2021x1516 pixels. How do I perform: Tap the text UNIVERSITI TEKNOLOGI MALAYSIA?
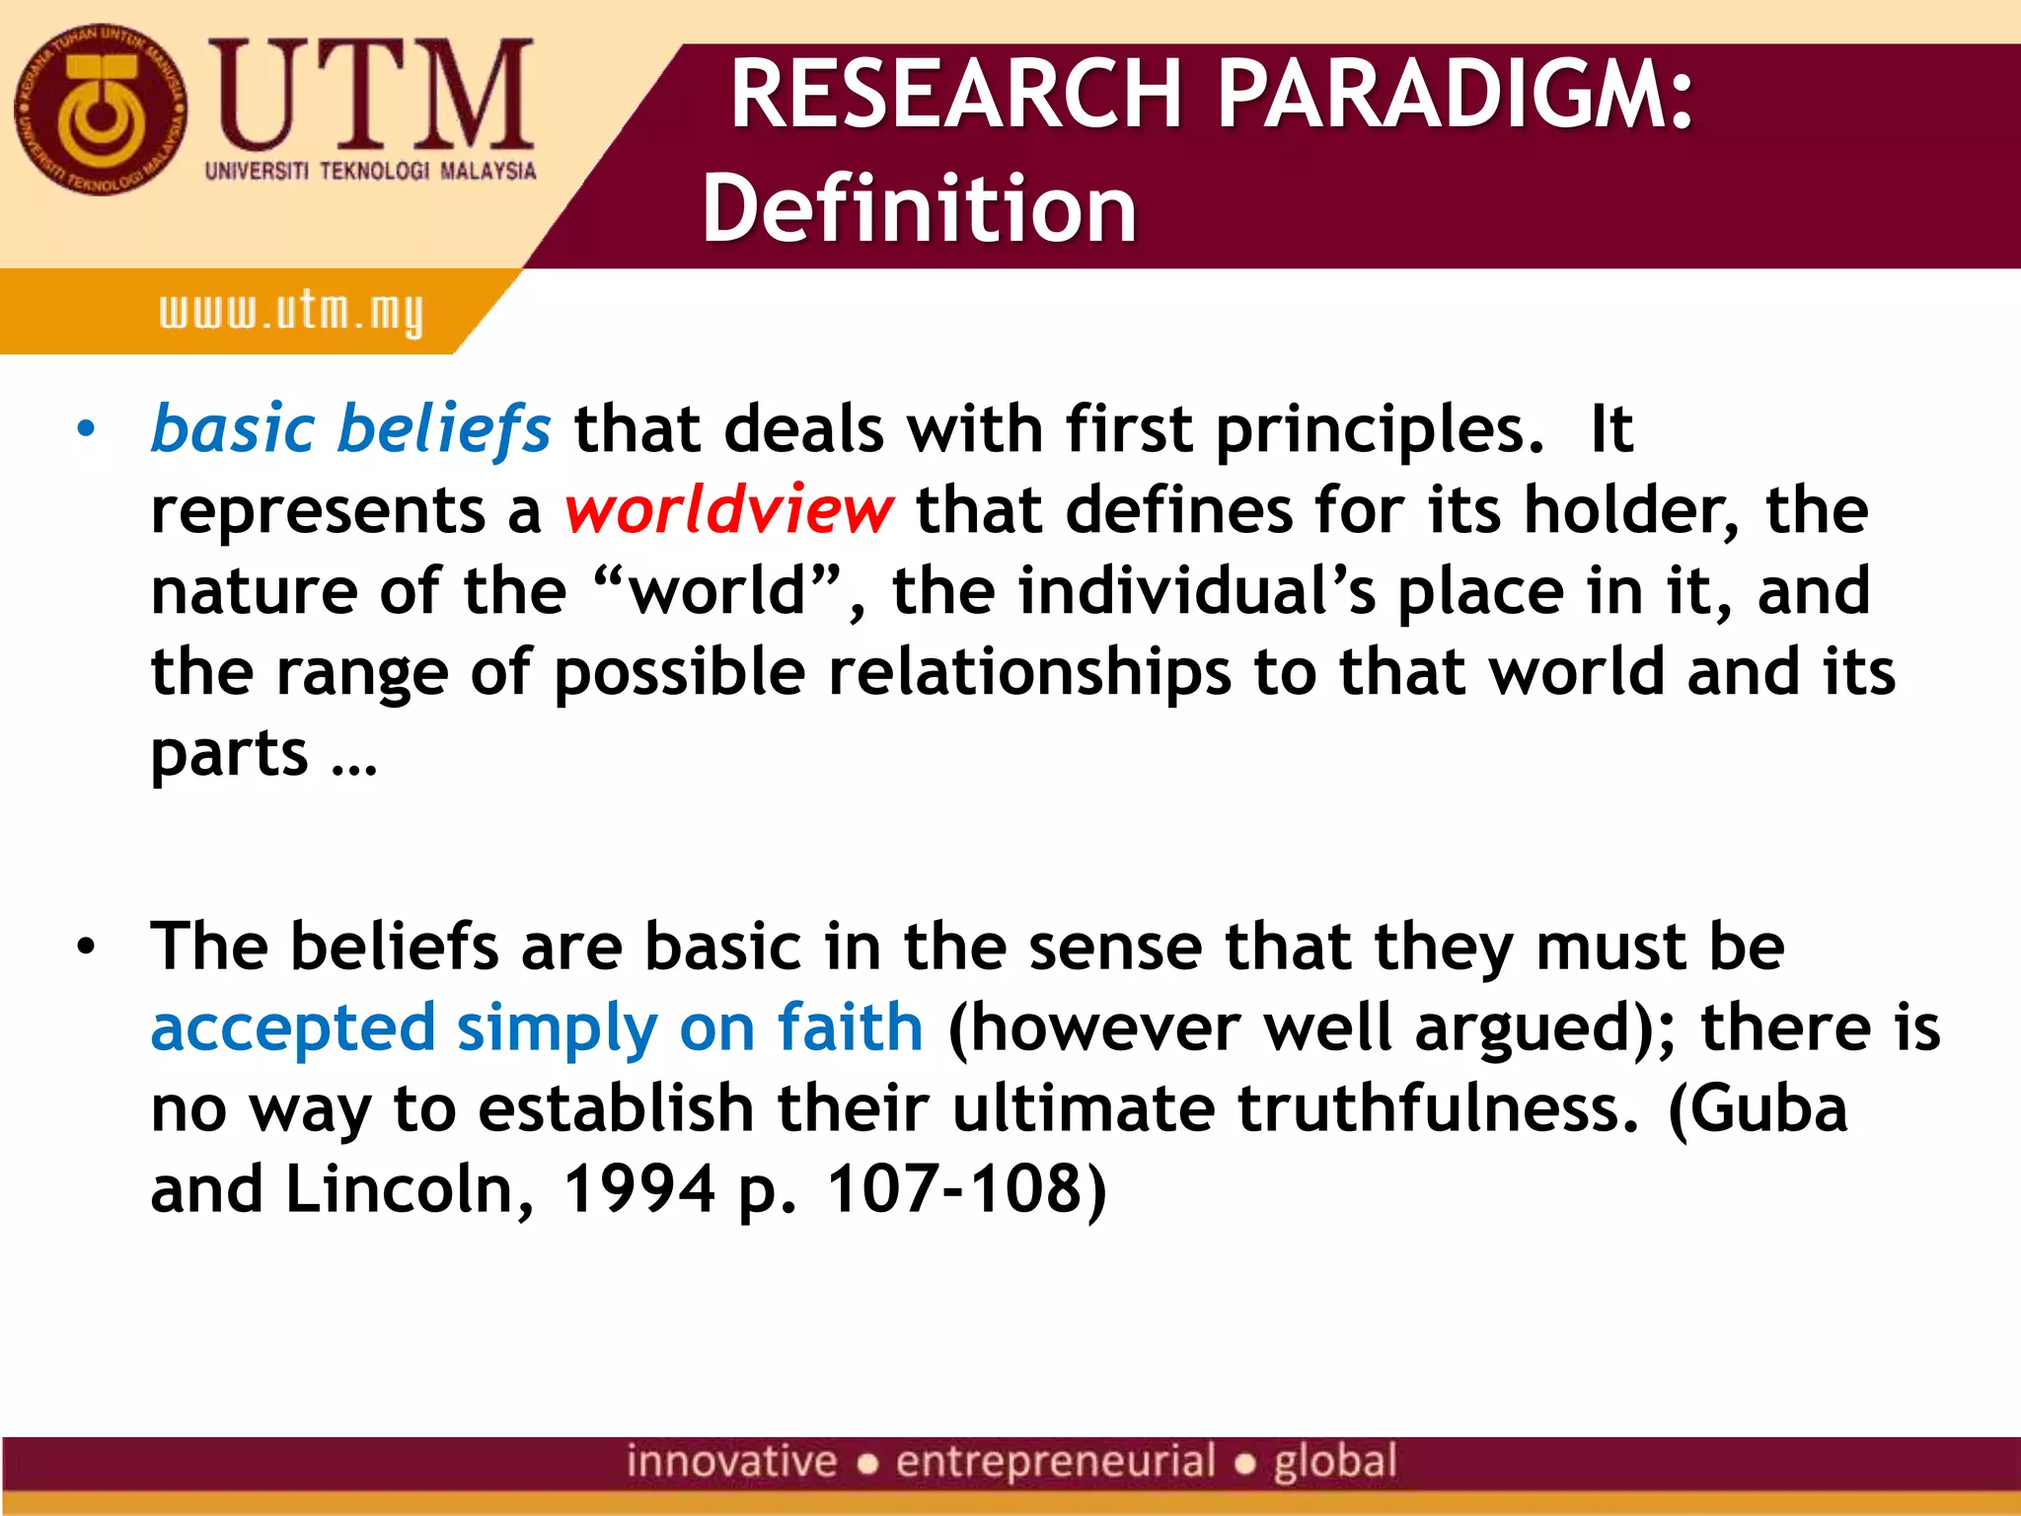click(370, 172)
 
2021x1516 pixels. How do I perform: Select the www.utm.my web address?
click(291, 313)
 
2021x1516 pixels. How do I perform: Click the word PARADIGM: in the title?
click(1456, 94)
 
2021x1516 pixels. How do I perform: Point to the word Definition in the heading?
click(919, 208)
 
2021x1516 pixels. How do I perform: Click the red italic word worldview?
click(729, 510)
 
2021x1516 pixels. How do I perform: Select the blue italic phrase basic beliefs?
click(350, 430)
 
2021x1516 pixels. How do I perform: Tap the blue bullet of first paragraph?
click(87, 430)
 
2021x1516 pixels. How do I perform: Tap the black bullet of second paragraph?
click(87, 947)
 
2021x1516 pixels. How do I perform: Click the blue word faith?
click(850, 1027)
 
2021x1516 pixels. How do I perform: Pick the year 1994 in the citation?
click(638, 1189)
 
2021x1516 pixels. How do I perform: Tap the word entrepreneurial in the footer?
click(1055, 1462)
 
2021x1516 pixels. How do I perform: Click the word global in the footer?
click(1335, 1462)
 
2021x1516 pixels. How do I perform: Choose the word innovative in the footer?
click(731, 1462)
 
